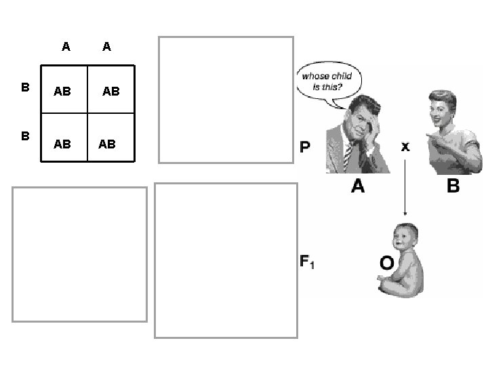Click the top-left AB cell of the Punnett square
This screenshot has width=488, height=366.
pyautogui.click(x=62, y=90)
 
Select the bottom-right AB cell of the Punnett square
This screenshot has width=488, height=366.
pyautogui.click(x=107, y=144)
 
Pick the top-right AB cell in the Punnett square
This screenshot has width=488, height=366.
pyautogui.click(x=110, y=90)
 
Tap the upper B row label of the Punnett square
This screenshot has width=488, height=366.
pyautogui.click(x=25, y=87)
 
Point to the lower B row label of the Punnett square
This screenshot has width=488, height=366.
pyautogui.click(x=25, y=136)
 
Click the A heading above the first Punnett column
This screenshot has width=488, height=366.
pyautogui.click(x=65, y=47)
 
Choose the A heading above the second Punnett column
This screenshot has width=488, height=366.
pyautogui.click(x=106, y=47)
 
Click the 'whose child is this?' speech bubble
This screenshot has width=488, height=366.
pyautogui.click(x=327, y=82)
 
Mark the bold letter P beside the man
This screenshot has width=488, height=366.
pyautogui.click(x=306, y=147)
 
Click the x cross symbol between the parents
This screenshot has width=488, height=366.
pyautogui.click(x=405, y=146)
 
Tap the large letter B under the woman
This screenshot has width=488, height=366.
pyautogui.click(x=453, y=186)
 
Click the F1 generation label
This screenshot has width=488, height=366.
pyautogui.click(x=306, y=261)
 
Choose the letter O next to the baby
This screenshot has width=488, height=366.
pyautogui.click(x=387, y=262)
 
